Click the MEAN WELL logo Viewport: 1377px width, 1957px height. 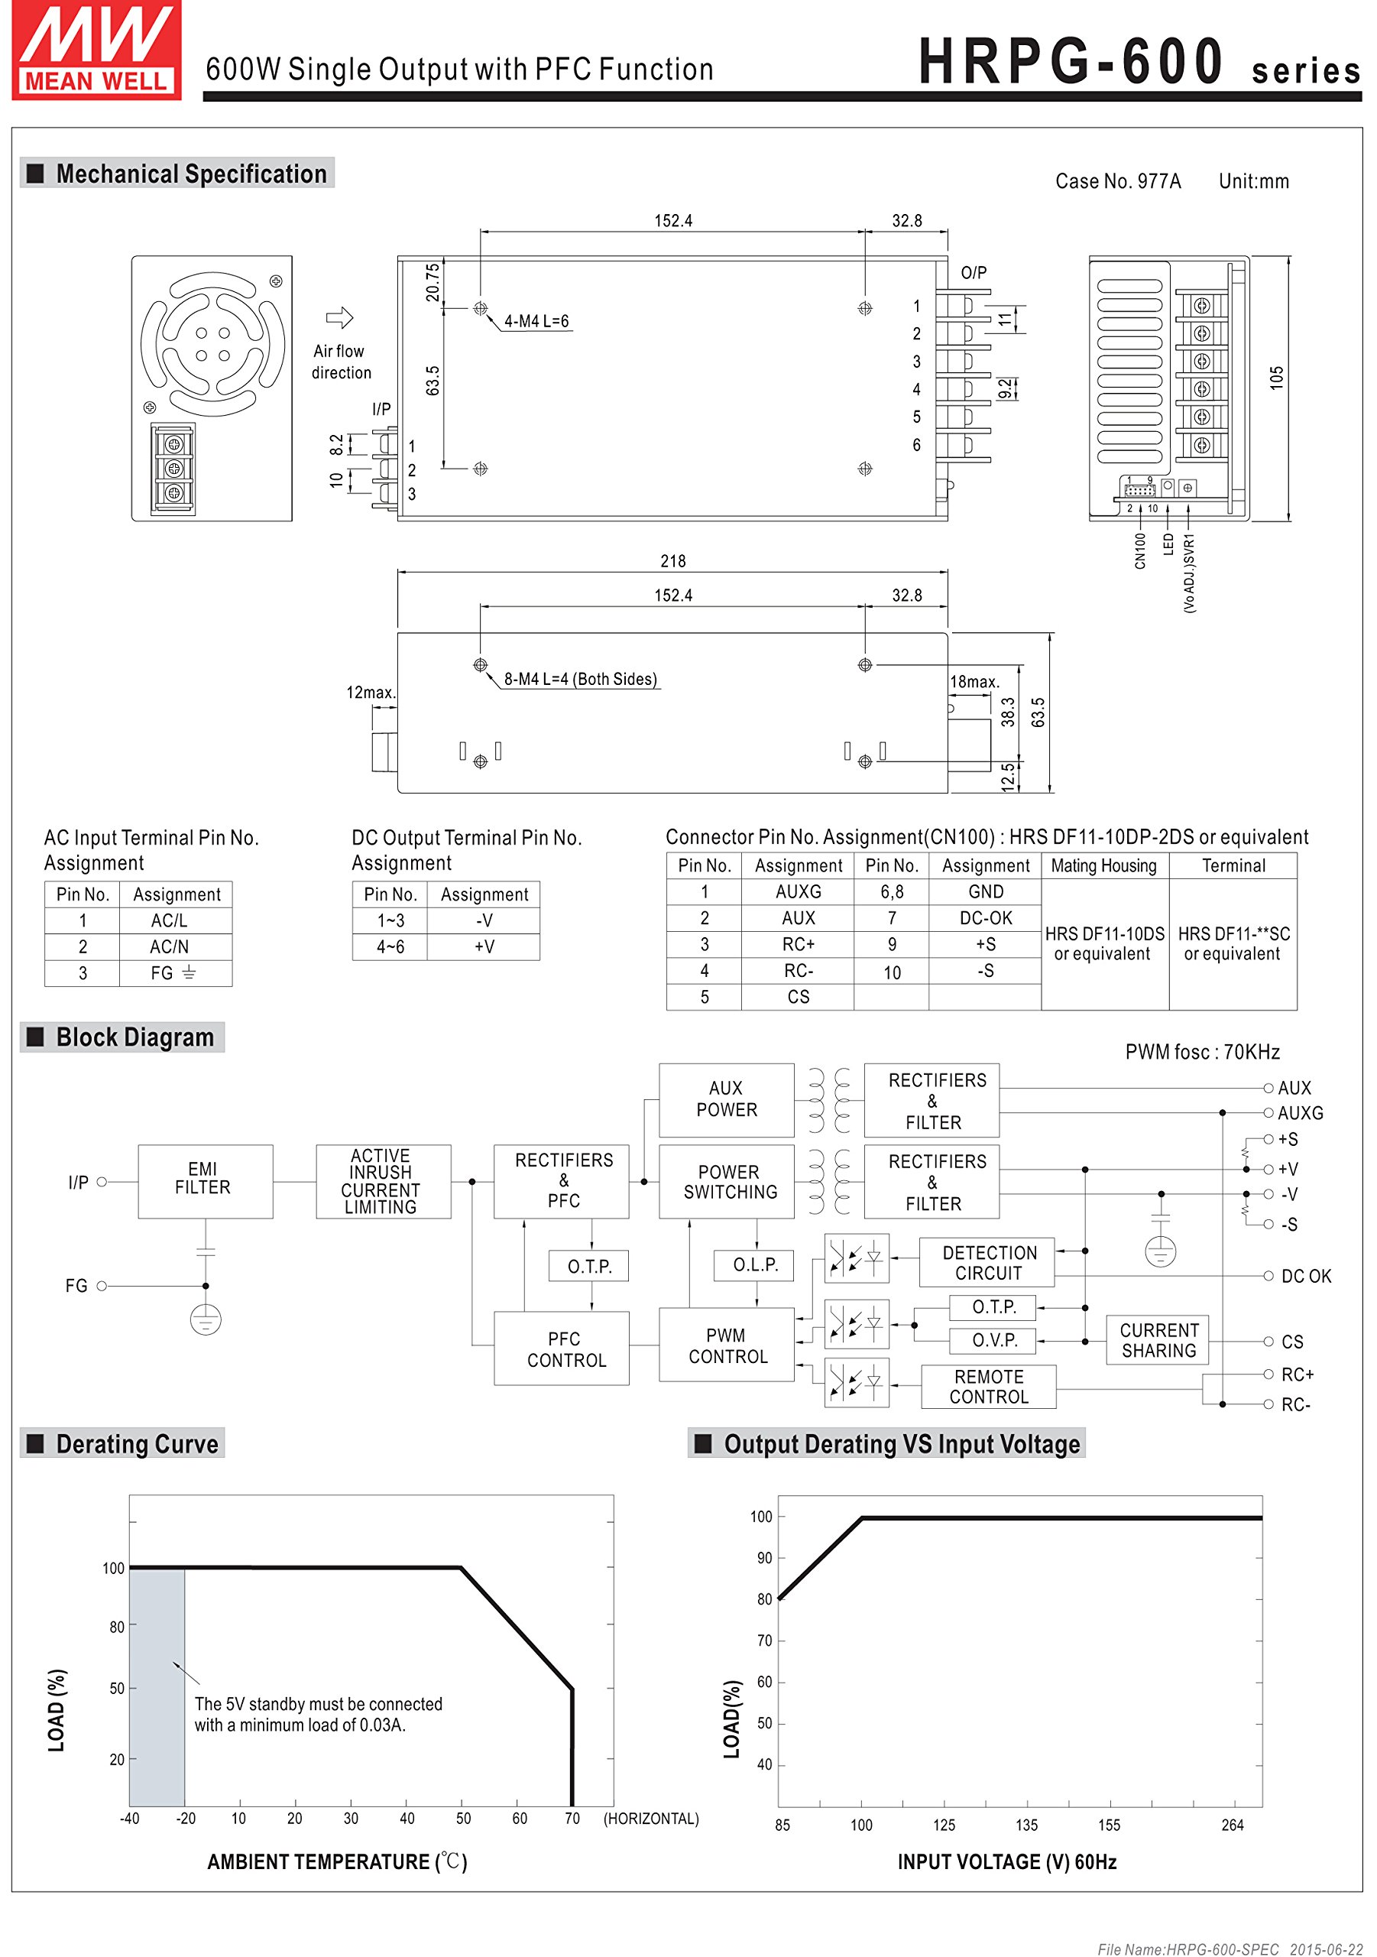(96, 50)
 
